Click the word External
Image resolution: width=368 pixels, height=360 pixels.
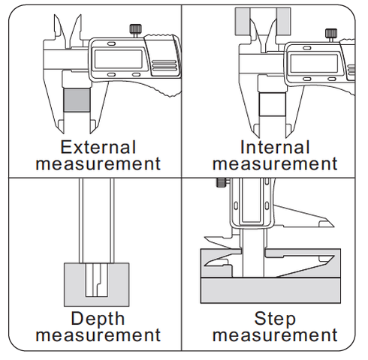98,147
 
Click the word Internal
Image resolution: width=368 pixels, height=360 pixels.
275,147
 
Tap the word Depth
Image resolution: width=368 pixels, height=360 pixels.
98,319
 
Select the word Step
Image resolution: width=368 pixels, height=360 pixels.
275,319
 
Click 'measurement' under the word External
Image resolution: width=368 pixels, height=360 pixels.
98,163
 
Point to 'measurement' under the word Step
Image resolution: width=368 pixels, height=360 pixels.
275,335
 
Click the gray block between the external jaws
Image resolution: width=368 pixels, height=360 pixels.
77,100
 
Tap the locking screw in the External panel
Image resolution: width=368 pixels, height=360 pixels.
135,31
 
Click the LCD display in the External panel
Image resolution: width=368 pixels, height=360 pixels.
119,59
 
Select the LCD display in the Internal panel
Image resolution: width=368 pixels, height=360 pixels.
314,64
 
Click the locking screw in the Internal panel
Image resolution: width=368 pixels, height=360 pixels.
331,35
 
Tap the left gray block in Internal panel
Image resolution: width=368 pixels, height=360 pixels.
243,22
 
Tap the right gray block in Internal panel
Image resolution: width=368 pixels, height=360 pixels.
284,22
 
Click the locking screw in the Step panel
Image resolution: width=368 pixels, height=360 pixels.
222,182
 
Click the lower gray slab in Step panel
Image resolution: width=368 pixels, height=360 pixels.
270,290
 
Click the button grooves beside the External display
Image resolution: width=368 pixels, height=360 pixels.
164,66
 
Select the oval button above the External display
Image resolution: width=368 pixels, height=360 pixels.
111,43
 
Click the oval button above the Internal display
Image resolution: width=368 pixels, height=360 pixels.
306,48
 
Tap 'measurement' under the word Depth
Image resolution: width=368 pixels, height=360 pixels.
98,335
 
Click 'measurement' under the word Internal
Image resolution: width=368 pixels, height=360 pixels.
275,163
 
